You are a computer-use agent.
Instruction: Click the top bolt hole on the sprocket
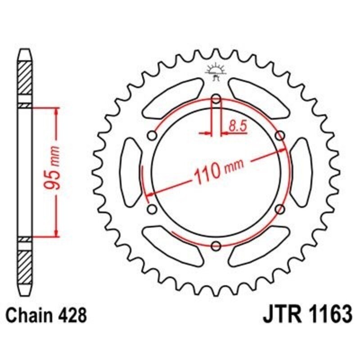tap(216, 99)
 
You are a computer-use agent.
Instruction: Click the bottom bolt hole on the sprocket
tap(216, 245)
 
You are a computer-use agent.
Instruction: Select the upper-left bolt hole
tap(152, 135)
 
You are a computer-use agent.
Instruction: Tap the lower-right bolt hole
tap(280, 209)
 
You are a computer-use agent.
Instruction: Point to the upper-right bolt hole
tap(280, 135)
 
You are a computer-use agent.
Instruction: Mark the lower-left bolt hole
tap(152, 209)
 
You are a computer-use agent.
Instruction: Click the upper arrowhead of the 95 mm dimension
tap(56, 112)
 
